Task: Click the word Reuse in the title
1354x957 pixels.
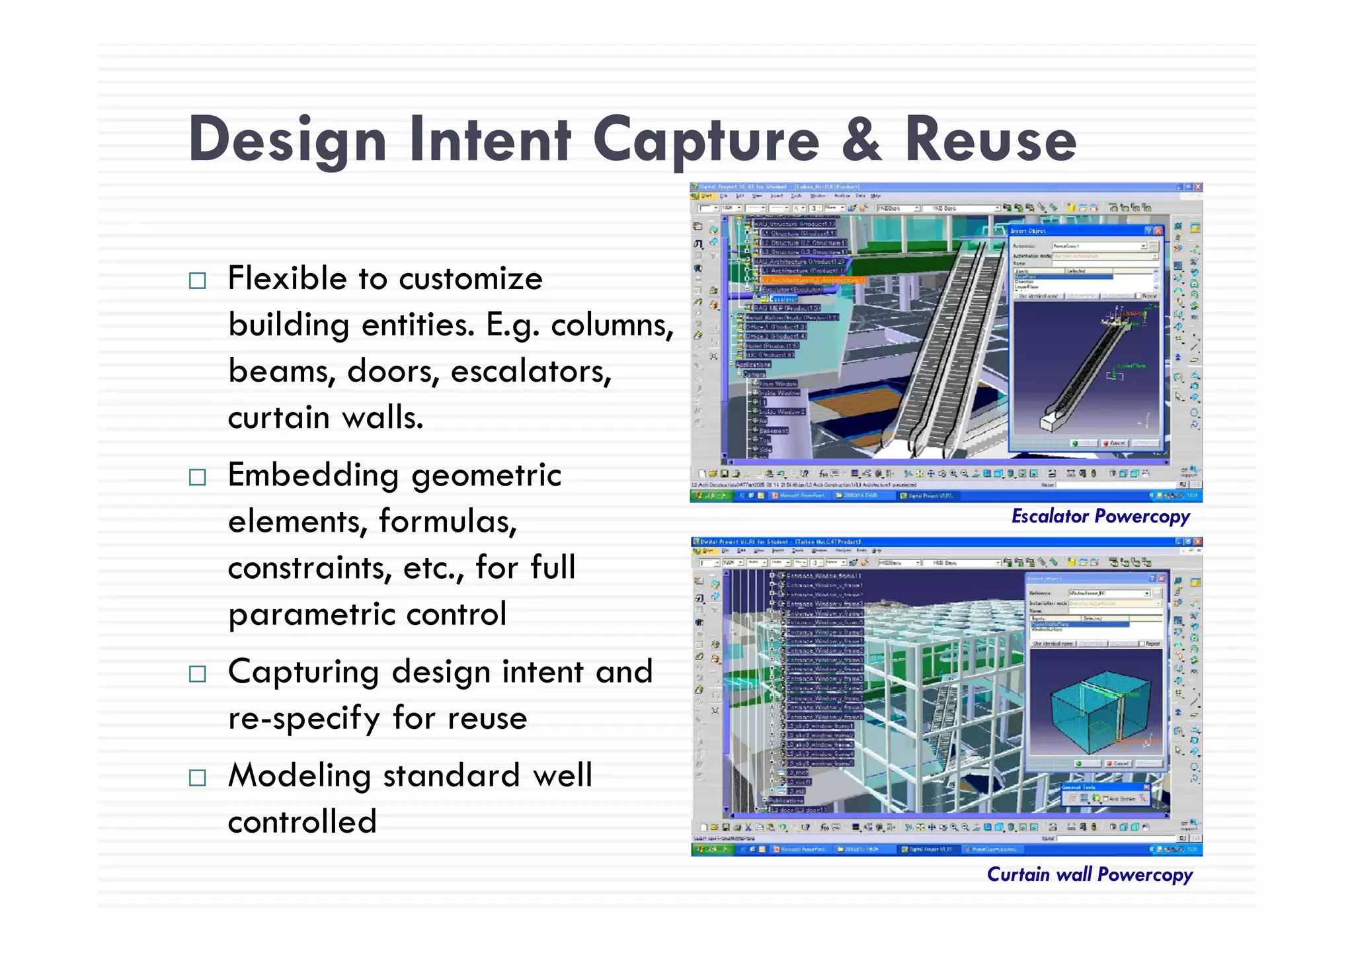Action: [990, 140]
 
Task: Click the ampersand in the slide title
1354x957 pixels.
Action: [861, 140]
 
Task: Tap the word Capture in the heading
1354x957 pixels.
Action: [705, 140]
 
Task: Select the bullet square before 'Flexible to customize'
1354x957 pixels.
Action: [197, 280]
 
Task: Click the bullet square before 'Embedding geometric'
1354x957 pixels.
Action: [197, 477]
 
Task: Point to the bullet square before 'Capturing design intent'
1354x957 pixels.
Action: [197, 674]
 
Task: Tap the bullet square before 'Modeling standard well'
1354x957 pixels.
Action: [197, 777]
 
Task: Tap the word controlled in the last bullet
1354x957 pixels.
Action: [302, 822]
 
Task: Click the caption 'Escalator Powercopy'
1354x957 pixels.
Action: [1100, 517]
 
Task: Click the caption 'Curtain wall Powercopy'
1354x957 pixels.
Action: [1089, 875]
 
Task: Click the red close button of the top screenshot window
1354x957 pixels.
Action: [1197, 188]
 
